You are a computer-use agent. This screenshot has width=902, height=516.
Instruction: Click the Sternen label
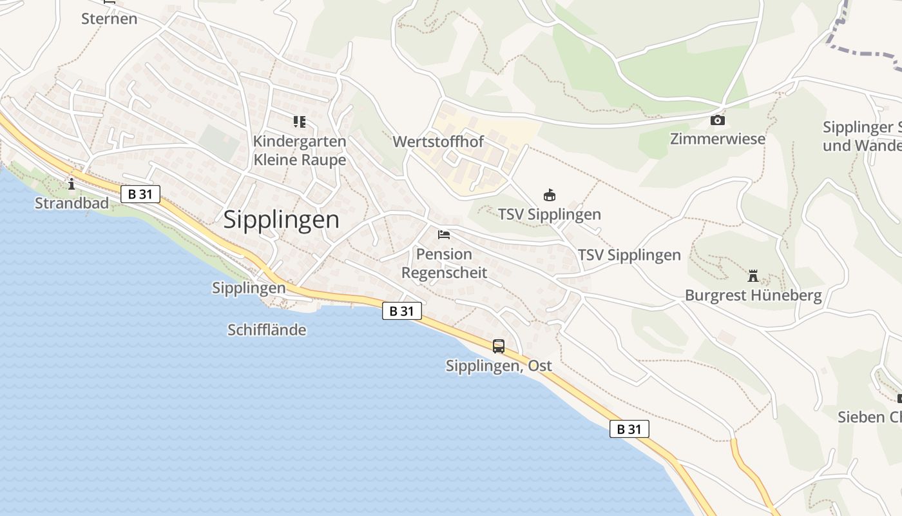[109, 18]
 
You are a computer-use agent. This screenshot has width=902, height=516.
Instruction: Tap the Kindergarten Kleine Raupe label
[300, 150]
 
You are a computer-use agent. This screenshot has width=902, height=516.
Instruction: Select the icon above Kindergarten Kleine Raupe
[299, 121]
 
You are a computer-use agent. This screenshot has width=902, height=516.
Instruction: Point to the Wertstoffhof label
[438, 141]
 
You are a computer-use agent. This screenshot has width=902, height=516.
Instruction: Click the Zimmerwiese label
[717, 139]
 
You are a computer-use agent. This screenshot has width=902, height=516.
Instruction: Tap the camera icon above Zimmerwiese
[717, 120]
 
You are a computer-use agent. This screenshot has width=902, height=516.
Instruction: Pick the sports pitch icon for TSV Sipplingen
[550, 195]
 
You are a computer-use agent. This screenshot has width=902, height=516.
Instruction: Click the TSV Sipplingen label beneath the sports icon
[550, 214]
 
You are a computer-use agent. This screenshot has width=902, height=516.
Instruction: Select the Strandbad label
[72, 203]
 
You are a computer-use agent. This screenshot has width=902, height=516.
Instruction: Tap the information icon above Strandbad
[72, 184]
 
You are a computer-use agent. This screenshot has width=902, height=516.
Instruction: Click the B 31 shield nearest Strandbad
[140, 193]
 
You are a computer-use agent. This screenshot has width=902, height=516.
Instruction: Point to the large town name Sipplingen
[281, 220]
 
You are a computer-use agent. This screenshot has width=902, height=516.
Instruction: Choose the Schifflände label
[267, 330]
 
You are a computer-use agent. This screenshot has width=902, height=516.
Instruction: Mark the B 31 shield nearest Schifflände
[402, 311]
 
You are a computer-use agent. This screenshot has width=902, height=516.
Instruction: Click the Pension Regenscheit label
[444, 263]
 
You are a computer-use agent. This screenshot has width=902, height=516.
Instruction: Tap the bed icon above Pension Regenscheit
[444, 234]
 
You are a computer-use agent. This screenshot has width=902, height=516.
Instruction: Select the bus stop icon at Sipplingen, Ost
[499, 346]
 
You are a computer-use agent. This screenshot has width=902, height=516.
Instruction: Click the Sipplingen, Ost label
[499, 366]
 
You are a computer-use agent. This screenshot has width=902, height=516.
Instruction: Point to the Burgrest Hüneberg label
[753, 295]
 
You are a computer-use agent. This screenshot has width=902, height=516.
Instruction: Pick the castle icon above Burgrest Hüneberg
[753, 277]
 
